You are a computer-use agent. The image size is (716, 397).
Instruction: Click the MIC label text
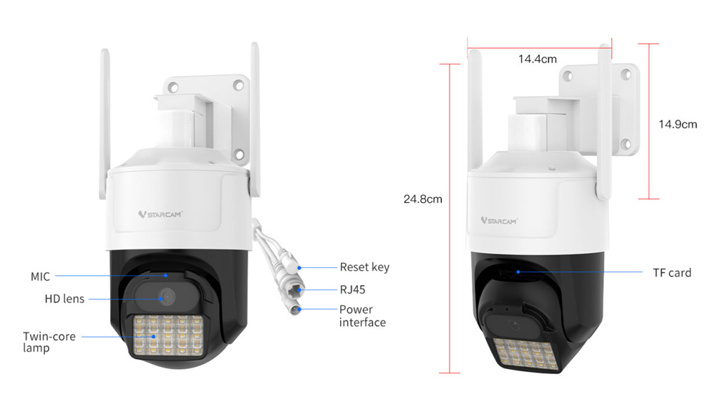pos(40,276)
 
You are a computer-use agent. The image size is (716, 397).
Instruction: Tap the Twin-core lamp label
pos(49,341)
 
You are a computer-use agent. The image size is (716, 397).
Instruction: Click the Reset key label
pos(364,267)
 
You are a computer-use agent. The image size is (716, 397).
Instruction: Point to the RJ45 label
pos(352,290)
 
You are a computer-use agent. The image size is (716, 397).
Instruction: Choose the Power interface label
pos(362,316)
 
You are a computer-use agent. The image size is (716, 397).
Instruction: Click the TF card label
pos(672,272)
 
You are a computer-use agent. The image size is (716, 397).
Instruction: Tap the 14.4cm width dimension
pos(537,59)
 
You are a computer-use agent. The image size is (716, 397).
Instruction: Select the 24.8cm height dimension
pos(422,199)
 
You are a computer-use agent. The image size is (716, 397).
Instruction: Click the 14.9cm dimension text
pos(677,124)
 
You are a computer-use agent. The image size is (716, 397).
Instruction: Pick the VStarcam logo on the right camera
pos(498,221)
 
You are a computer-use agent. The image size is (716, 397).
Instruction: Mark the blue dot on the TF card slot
pos(518,272)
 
